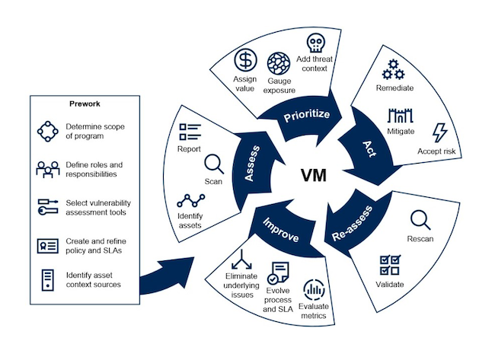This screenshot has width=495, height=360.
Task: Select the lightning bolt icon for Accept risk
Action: coord(440,132)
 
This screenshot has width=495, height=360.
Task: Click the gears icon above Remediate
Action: coord(394,68)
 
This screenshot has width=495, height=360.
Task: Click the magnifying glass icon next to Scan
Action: coord(214,163)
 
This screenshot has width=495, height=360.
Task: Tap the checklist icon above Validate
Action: coord(390,265)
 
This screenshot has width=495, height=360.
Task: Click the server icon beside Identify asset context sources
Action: coord(47,281)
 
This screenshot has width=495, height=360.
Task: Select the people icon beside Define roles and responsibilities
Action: coord(47,168)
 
